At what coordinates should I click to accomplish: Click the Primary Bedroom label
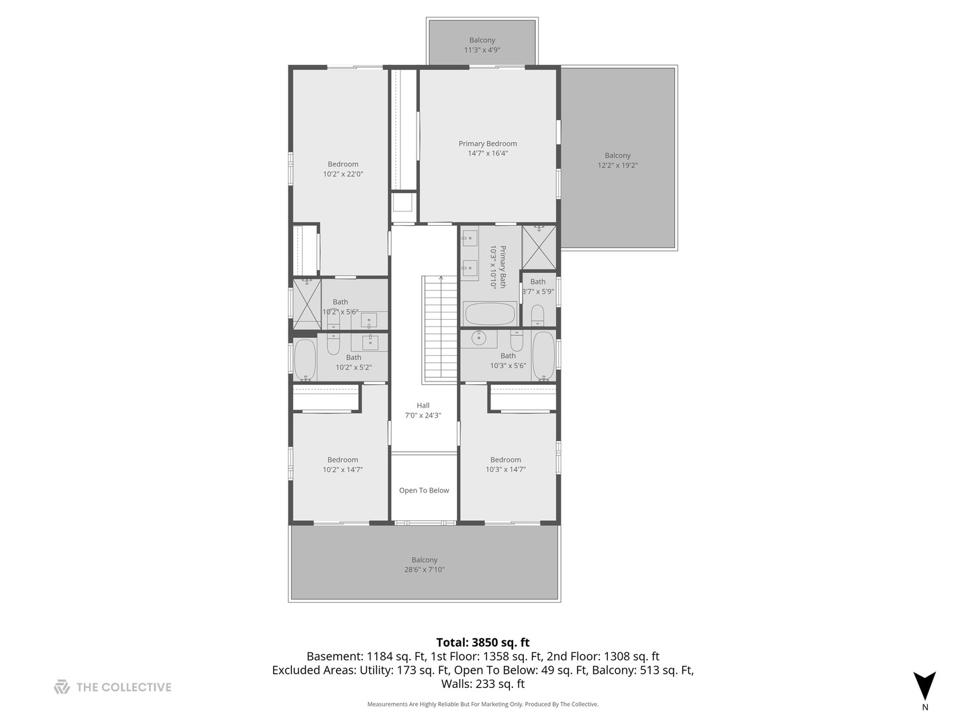click(x=488, y=143)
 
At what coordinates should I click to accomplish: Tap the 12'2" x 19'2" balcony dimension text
click(x=617, y=166)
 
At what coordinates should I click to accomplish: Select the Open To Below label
click(x=424, y=491)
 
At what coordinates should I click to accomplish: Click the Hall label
click(x=423, y=406)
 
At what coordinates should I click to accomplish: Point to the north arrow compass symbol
click(x=924, y=687)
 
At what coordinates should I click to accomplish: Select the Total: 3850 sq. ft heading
click(x=482, y=642)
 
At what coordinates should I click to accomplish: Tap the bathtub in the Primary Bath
click(x=490, y=314)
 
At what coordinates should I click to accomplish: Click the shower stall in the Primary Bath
click(x=539, y=247)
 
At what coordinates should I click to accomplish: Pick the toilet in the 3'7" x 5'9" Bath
click(x=537, y=315)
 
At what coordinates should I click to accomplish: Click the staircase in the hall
click(x=440, y=328)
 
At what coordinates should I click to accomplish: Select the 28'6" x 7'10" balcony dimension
click(x=424, y=570)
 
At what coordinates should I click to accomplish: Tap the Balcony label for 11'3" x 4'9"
click(x=482, y=40)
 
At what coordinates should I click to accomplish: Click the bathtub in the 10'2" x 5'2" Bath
click(x=305, y=359)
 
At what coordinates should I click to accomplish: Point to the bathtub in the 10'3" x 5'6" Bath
click(x=543, y=355)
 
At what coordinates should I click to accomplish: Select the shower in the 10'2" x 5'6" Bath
click(x=307, y=304)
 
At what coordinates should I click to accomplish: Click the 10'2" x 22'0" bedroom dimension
click(x=343, y=174)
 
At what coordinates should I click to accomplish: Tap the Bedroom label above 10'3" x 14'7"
click(x=505, y=460)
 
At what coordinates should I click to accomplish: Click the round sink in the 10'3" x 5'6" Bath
click(x=479, y=337)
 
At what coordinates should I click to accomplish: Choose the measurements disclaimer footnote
click(x=482, y=705)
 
